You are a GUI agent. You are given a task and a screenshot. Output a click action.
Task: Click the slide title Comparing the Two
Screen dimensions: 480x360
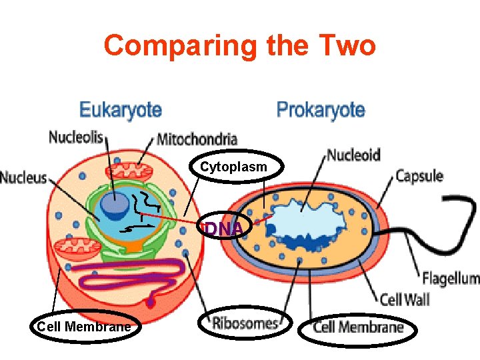click(240, 46)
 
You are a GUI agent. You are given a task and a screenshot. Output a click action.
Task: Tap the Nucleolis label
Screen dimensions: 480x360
click(76, 137)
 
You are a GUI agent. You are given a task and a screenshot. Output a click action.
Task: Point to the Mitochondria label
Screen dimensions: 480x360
click(197, 139)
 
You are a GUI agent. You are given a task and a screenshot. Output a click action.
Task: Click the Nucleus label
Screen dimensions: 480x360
click(23, 177)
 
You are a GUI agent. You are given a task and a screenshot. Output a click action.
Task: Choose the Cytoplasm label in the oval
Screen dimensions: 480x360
click(234, 167)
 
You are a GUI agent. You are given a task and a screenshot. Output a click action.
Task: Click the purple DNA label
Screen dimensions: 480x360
click(225, 229)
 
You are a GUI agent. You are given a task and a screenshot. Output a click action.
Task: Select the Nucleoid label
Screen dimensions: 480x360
click(353, 155)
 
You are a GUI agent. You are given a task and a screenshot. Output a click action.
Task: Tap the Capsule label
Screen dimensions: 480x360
click(419, 176)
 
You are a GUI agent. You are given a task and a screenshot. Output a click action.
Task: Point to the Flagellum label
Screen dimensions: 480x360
click(451, 278)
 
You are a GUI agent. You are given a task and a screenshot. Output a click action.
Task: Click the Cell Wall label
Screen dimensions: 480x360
click(404, 299)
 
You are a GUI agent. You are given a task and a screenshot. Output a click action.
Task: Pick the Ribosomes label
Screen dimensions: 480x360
click(245, 324)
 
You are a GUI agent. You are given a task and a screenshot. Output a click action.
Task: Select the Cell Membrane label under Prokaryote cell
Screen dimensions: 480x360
click(358, 327)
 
